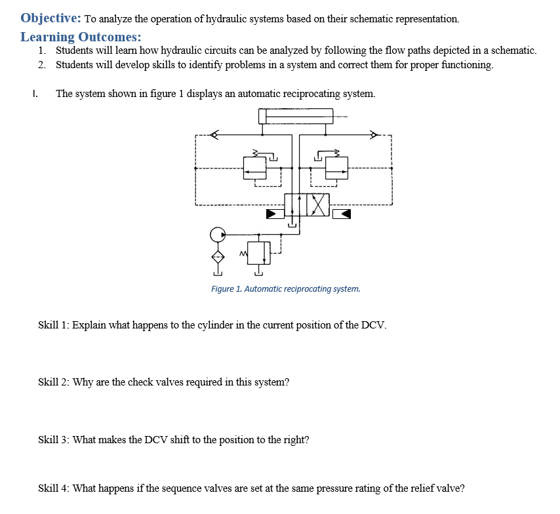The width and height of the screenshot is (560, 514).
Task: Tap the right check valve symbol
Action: (374, 136)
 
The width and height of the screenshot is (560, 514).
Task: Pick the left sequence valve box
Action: (254, 168)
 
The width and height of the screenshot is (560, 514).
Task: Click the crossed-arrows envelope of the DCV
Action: (318, 206)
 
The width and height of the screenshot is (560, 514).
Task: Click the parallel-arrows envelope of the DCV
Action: (296, 206)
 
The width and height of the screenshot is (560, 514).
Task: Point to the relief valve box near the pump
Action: (259, 252)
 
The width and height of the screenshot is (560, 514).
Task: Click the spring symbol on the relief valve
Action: (243, 252)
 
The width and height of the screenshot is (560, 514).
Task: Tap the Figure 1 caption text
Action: (285, 288)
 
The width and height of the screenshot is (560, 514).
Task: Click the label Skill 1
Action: (54, 325)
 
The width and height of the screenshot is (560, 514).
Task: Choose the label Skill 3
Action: (54, 439)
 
